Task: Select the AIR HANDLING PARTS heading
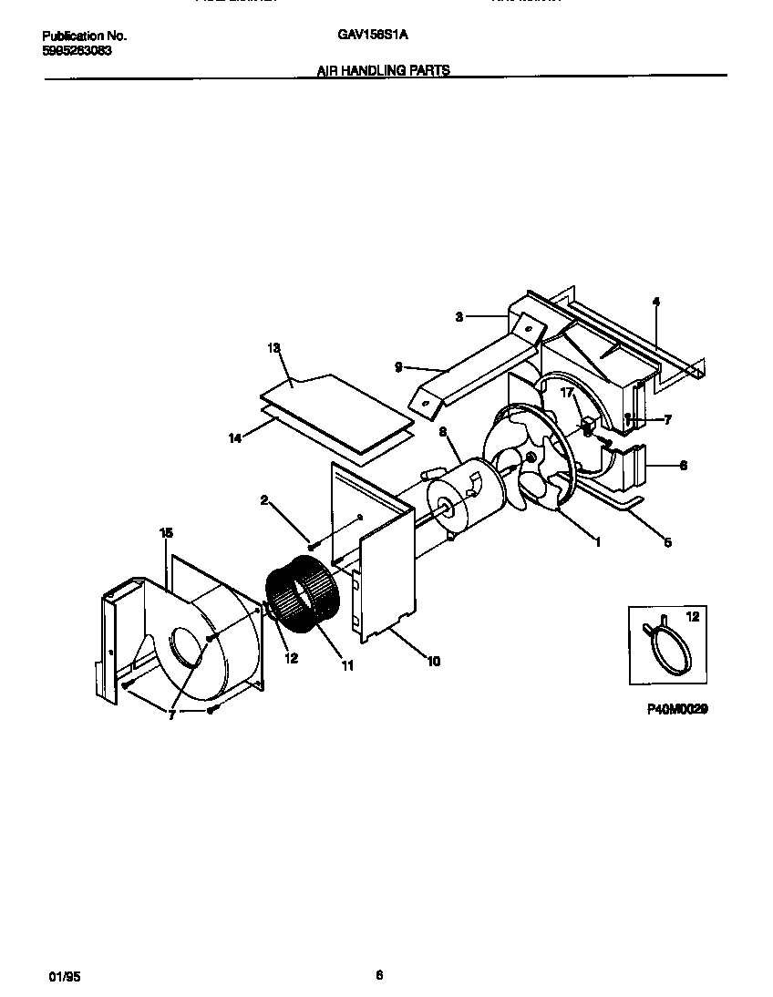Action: click(383, 69)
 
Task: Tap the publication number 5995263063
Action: click(77, 51)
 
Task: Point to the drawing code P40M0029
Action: click(677, 707)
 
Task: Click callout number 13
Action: click(273, 348)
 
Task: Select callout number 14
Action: click(235, 438)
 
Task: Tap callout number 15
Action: click(165, 532)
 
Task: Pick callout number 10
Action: click(433, 661)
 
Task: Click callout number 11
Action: click(347, 666)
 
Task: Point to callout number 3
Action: click(460, 316)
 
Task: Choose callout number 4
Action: click(655, 302)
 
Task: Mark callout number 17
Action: click(567, 394)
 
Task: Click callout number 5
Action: click(667, 542)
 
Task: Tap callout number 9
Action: click(397, 367)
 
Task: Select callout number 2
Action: click(263, 499)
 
